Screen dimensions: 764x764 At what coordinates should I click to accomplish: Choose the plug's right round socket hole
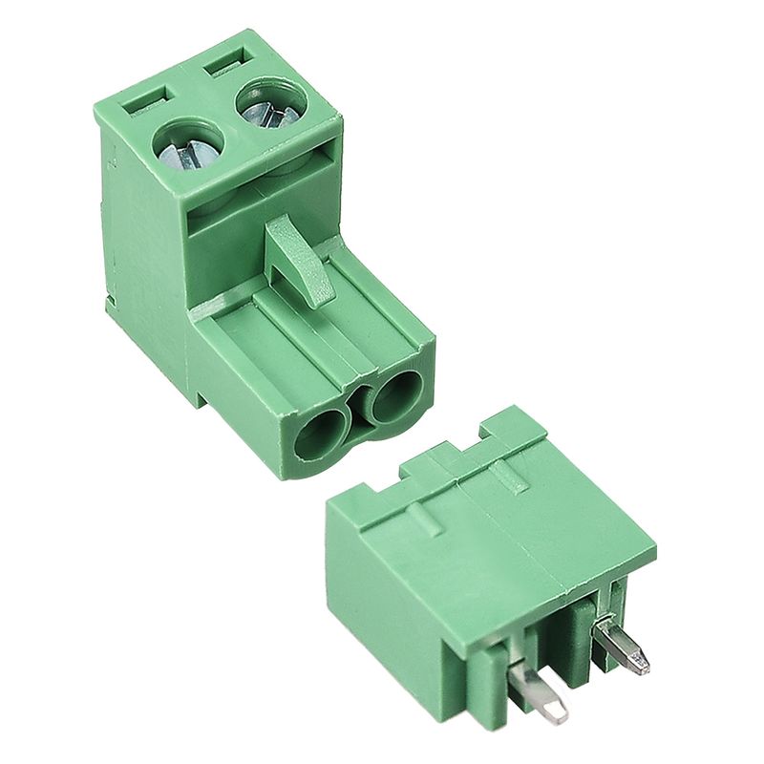(x=394, y=394)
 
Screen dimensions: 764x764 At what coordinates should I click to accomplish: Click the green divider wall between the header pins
(x=578, y=640)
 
